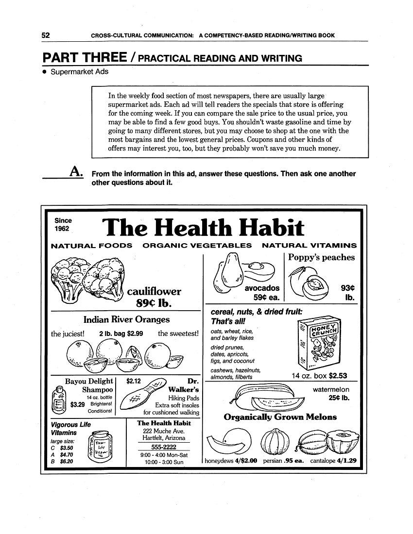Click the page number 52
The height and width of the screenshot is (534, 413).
pyautogui.click(x=46, y=35)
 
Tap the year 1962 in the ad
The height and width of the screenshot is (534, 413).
pyautogui.click(x=62, y=228)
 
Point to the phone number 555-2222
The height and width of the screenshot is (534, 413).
pyautogui.click(x=163, y=447)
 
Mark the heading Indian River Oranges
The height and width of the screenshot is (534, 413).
pyautogui.click(x=126, y=319)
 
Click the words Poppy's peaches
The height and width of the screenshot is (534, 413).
pyautogui.click(x=321, y=257)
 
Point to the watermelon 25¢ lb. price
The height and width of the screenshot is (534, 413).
pyautogui.click(x=339, y=399)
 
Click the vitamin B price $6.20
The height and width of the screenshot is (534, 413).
pyautogui.click(x=66, y=462)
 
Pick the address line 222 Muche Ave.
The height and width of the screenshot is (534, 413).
pyautogui.click(x=163, y=431)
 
